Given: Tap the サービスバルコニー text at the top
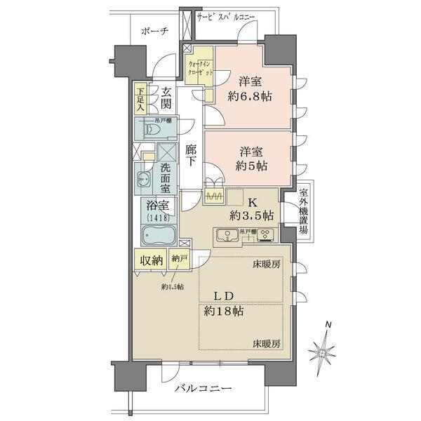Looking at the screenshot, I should point(225,15).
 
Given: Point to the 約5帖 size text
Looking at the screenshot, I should point(250,168).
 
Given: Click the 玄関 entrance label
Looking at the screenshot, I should point(166,99).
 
